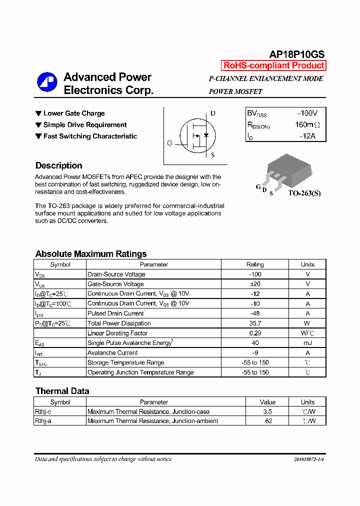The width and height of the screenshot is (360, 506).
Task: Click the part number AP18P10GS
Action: [297, 55]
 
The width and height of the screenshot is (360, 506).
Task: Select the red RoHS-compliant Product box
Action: [273, 65]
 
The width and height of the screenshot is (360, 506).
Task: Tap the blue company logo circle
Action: [47, 82]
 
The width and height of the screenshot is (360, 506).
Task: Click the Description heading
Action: [58, 165]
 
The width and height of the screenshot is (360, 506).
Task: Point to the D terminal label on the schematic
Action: [213, 113]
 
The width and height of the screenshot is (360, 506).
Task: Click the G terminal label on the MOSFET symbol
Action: [169, 143]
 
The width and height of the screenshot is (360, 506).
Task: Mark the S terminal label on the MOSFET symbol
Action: [212, 155]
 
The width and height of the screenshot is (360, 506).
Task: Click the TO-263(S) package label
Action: [304, 193]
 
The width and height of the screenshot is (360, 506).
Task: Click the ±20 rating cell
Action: [255, 284]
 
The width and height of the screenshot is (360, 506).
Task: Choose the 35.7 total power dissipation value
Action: [255, 323]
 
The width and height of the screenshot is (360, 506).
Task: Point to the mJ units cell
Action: [307, 343]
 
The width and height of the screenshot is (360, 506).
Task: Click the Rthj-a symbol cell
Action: [43, 421]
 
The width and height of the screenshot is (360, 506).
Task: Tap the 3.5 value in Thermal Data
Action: [267, 411]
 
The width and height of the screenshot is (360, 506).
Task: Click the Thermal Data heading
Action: [62, 391]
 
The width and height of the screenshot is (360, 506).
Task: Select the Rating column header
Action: [255, 264]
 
